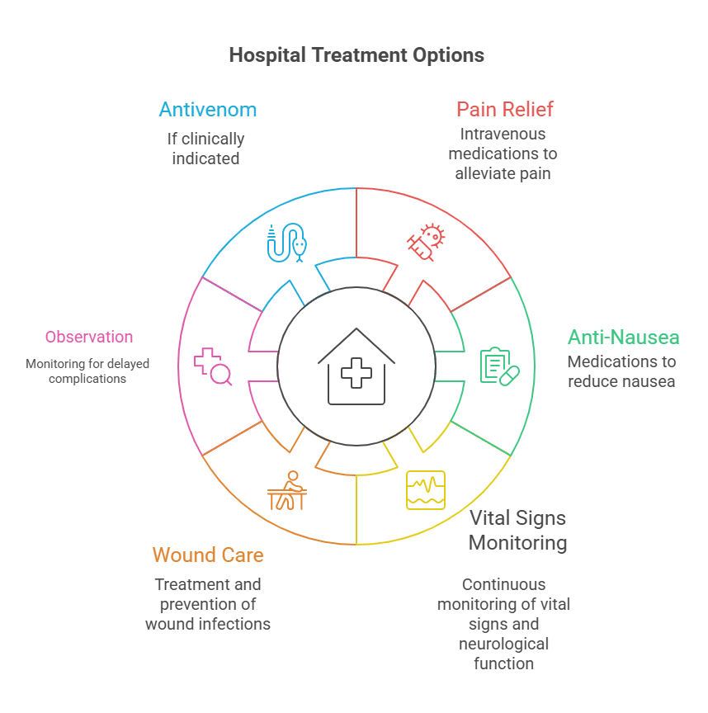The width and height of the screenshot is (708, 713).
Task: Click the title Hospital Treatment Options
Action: [x=356, y=55]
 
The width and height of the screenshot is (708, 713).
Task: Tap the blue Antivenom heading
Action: [x=208, y=110]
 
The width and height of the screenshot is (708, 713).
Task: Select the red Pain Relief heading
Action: [x=505, y=109]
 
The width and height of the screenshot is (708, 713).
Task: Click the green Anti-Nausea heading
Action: [x=624, y=337]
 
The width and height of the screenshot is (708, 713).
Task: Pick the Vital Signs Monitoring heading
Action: [x=517, y=531]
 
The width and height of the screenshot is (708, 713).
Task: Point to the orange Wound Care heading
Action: [x=208, y=555]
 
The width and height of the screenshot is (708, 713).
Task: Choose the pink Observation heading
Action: [x=89, y=337]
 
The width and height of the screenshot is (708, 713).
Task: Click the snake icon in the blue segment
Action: [x=286, y=243]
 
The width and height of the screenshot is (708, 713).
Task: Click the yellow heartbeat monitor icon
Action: [x=426, y=489]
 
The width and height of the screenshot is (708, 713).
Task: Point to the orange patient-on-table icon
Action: [x=287, y=491]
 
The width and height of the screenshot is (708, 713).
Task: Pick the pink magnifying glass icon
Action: [x=213, y=367]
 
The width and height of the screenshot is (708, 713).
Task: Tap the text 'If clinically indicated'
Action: [x=206, y=149]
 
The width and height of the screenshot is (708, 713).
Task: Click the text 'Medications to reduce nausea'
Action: [x=621, y=371]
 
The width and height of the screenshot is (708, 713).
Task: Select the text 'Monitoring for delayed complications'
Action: [x=87, y=371]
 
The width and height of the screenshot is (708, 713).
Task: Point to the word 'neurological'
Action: [x=504, y=644]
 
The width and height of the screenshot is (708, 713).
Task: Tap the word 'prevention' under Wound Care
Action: [x=208, y=604]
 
